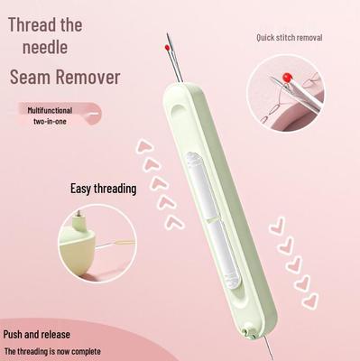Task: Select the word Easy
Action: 82,189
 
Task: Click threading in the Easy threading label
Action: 116,190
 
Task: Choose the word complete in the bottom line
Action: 84,351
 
